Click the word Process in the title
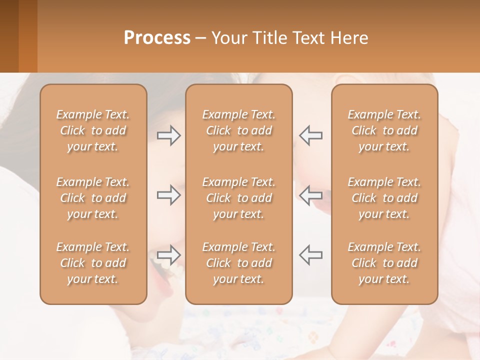pyautogui.click(x=157, y=38)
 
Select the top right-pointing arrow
pyautogui.click(x=168, y=135)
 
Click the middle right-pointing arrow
pyautogui.click(x=168, y=195)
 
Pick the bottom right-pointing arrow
pyautogui.click(x=168, y=255)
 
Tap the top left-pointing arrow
pyautogui.click(x=311, y=135)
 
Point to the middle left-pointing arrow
pyautogui.click(x=311, y=195)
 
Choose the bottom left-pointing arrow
pyautogui.click(x=311, y=255)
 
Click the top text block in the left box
pyautogui.click(x=93, y=130)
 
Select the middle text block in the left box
pyautogui.click(x=93, y=198)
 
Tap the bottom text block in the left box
pyautogui.click(x=93, y=263)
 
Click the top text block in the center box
pyautogui.click(x=238, y=130)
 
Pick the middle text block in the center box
pyautogui.click(x=238, y=198)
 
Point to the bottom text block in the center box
pyautogui.click(x=238, y=263)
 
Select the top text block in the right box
pyautogui.click(x=384, y=130)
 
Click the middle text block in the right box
pyautogui.click(x=384, y=198)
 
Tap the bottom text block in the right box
pyautogui.click(x=384, y=263)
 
